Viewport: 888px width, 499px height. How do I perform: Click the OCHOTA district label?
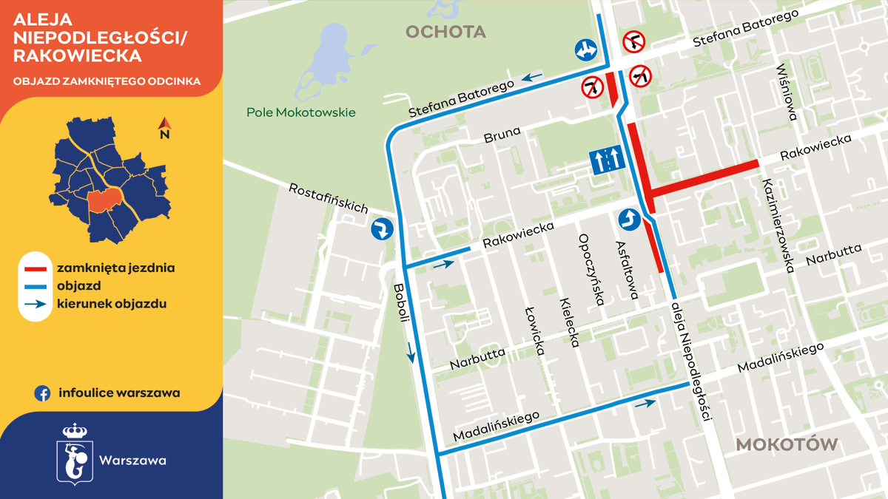[x=445, y=32]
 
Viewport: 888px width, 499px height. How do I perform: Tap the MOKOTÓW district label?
[x=787, y=445]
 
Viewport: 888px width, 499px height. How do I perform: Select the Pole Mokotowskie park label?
[x=300, y=112]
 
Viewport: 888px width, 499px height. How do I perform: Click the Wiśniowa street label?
[x=787, y=92]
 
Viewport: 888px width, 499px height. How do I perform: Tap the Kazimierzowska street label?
[x=777, y=225]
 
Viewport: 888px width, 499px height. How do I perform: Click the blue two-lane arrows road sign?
[x=604, y=160]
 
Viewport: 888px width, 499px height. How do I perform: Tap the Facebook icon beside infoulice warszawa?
[x=42, y=393]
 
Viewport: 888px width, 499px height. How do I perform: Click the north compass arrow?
[x=164, y=129]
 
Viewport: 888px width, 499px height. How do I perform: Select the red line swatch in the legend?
[x=34, y=268]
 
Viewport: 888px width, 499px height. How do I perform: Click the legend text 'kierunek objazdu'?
[x=111, y=303]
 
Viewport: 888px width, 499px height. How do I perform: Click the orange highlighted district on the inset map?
[x=104, y=200]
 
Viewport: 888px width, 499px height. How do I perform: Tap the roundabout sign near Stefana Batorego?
[x=585, y=50]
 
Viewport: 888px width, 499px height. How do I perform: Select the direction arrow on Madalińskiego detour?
[x=645, y=403]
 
